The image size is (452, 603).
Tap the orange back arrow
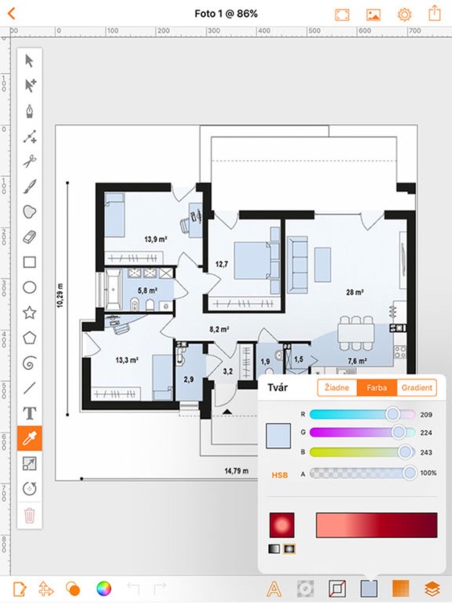11,14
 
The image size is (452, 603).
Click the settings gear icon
405,14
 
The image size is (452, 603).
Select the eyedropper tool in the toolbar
30,438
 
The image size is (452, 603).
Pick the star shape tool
30,312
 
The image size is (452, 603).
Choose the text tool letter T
30,413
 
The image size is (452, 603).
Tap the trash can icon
30,515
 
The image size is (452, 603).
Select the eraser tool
30,237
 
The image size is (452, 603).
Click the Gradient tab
417,388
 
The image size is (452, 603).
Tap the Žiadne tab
337,388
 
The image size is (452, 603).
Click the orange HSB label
280,475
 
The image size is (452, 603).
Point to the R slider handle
392,414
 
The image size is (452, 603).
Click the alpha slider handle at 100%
410,473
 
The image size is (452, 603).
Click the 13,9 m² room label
156,240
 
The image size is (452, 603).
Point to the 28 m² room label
355,293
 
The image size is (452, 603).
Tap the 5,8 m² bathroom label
147,291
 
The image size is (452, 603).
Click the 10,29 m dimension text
60,295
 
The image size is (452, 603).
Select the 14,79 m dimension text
236,471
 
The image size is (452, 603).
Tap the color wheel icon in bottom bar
104,589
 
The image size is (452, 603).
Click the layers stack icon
433,589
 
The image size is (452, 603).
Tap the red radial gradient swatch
282,525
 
